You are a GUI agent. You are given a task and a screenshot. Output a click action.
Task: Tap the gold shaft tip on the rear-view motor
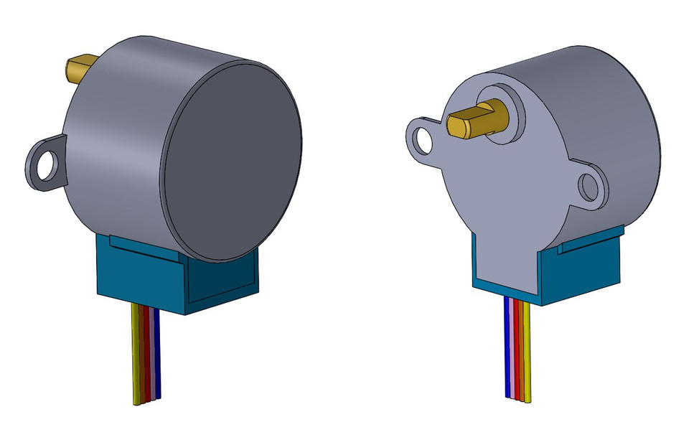pos(78,68)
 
